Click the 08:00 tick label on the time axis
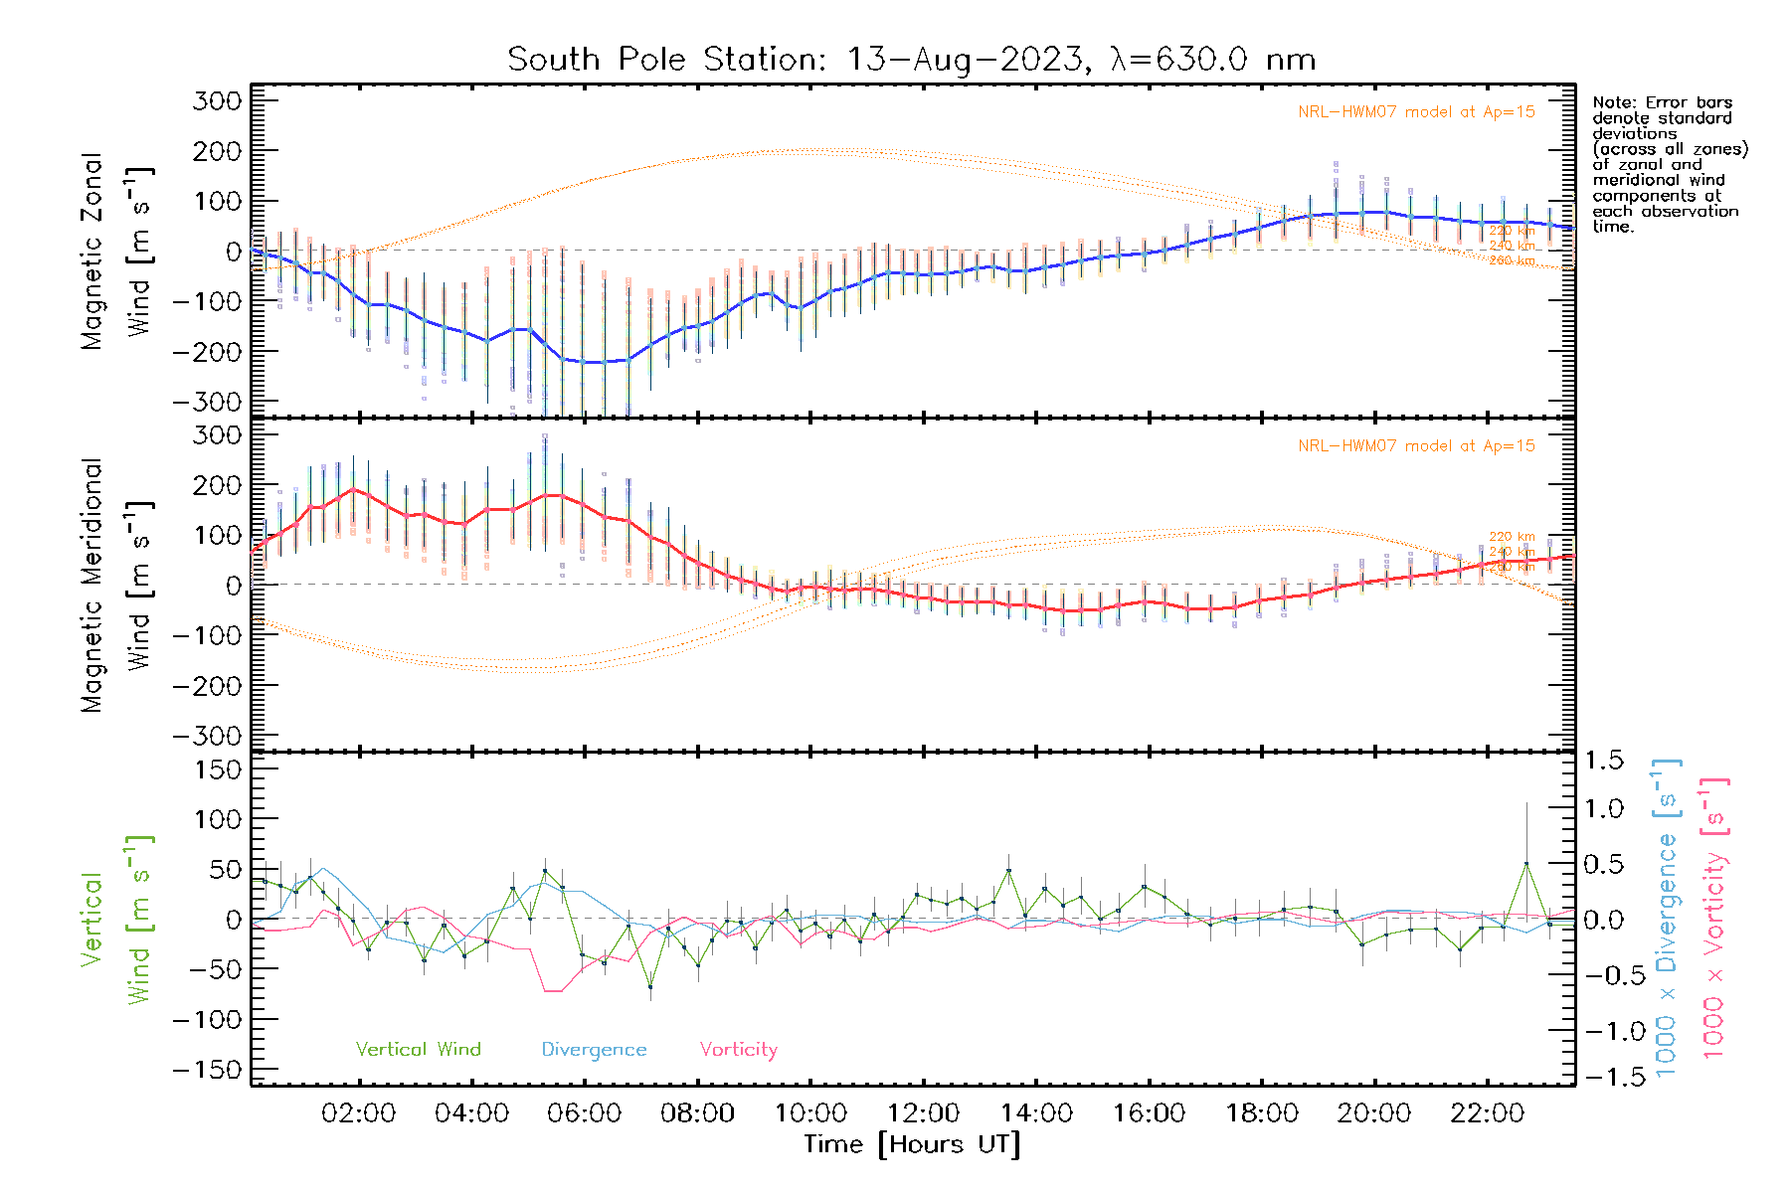click(697, 1113)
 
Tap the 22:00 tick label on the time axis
click(1487, 1113)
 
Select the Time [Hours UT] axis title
click(911, 1144)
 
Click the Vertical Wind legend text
click(418, 1050)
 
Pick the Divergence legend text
click(594, 1050)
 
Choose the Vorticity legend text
click(738, 1050)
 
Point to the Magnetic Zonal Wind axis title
click(116, 251)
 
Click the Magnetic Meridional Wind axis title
click(116, 585)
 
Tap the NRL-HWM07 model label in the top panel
click(1415, 112)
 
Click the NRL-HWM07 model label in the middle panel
click(1415, 446)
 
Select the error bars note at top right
click(1670, 164)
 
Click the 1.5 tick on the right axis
click(1604, 761)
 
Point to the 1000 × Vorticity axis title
click(1713, 918)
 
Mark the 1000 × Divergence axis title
click(1667, 918)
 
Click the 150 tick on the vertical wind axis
click(219, 769)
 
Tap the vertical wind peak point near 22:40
click(1526, 864)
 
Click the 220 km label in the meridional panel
click(1512, 537)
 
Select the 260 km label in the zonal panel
click(1512, 260)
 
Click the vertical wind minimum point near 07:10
click(650, 987)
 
